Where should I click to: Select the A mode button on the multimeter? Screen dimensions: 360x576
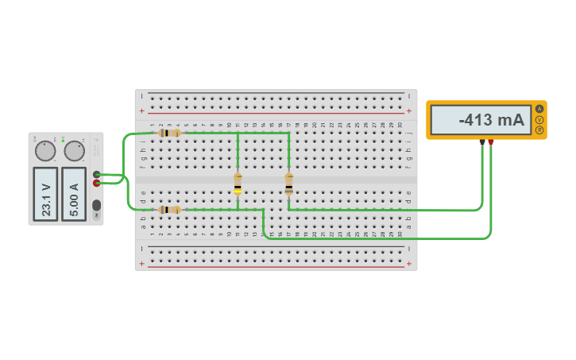pyautogui.click(x=539, y=109)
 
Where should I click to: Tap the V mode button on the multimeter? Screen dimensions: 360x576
pyautogui.click(x=539, y=119)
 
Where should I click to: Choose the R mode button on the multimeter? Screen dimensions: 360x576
pyautogui.click(x=539, y=130)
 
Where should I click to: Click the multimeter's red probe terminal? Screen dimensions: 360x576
pyautogui.click(x=491, y=142)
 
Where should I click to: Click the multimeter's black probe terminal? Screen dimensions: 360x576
pyautogui.click(x=482, y=142)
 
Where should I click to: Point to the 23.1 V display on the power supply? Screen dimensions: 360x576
pyautogui.click(x=45, y=193)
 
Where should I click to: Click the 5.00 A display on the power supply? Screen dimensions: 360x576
pyautogui.click(x=74, y=193)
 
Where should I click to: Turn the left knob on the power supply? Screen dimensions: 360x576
pyautogui.click(x=45, y=151)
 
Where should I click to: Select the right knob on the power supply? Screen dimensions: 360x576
pyautogui.click(x=74, y=151)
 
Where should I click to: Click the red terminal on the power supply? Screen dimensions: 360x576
pyautogui.click(x=97, y=183)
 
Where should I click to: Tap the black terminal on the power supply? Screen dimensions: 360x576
pyautogui.click(x=97, y=174)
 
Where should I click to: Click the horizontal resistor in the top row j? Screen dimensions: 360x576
pyautogui.click(x=168, y=133)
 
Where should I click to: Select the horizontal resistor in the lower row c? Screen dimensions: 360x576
pyautogui.click(x=168, y=210)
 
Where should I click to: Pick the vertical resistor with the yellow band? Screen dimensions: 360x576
pyautogui.click(x=238, y=184)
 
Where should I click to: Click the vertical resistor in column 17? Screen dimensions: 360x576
pyautogui.click(x=288, y=184)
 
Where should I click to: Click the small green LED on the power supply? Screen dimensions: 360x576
pyautogui.click(x=63, y=141)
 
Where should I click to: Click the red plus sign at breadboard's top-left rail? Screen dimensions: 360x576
pyautogui.click(x=142, y=112)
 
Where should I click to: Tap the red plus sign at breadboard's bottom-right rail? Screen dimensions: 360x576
pyautogui.click(x=409, y=264)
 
